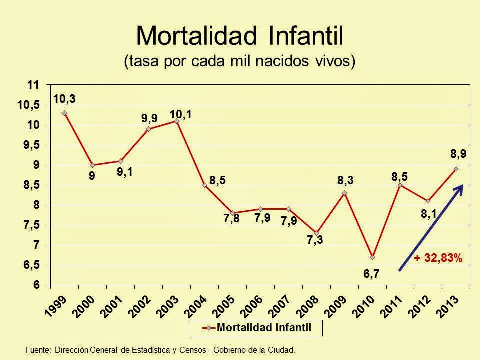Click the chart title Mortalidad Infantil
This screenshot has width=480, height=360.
point(239,36)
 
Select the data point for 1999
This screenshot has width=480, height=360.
point(64,113)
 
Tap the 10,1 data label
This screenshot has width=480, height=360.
point(181,114)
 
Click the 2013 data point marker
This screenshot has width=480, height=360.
point(456,169)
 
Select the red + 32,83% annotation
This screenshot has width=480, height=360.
point(438,258)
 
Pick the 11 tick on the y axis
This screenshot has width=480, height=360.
point(33,85)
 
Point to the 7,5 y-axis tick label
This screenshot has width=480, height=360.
point(30,225)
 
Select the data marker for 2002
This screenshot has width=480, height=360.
point(148,129)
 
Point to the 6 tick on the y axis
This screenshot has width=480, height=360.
point(36,285)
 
